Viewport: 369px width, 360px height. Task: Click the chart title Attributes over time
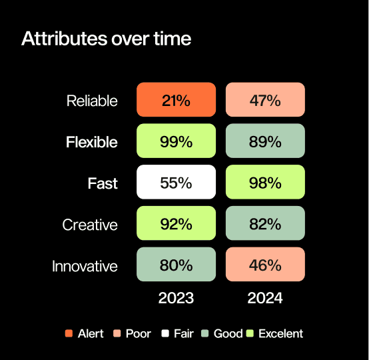(x=106, y=39)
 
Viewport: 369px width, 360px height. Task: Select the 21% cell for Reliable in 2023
(x=176, y=99)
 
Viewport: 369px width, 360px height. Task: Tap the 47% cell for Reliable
(x=265, y=99)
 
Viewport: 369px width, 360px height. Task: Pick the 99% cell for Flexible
(x=176, y=141)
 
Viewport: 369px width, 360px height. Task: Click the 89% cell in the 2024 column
(x=265, y=141)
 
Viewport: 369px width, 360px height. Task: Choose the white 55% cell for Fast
(x=176, y=182)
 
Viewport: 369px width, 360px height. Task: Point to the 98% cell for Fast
(x=265, y=182)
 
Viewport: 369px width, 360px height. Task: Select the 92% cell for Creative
(x=176, y=223)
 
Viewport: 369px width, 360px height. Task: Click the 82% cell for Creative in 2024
(x=265, y=223)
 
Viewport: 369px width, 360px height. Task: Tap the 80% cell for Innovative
(x=176, y=264)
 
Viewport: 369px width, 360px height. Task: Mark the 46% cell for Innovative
(x=265, y=264)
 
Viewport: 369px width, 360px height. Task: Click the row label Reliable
(x=92, y=101)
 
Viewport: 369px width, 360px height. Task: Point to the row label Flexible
(x=92, y=142)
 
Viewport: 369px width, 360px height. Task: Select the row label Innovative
(x=85, y=266)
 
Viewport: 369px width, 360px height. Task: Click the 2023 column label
(x=176, y=298)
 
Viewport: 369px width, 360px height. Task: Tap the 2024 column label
(x=265, y=298)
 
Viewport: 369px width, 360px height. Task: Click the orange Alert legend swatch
(x=69, y=333)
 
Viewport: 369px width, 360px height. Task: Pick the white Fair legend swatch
(x=165, y=333)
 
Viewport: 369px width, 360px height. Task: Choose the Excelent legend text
(x=281, y=333)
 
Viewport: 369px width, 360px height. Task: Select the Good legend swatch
(x=205, y=333)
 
